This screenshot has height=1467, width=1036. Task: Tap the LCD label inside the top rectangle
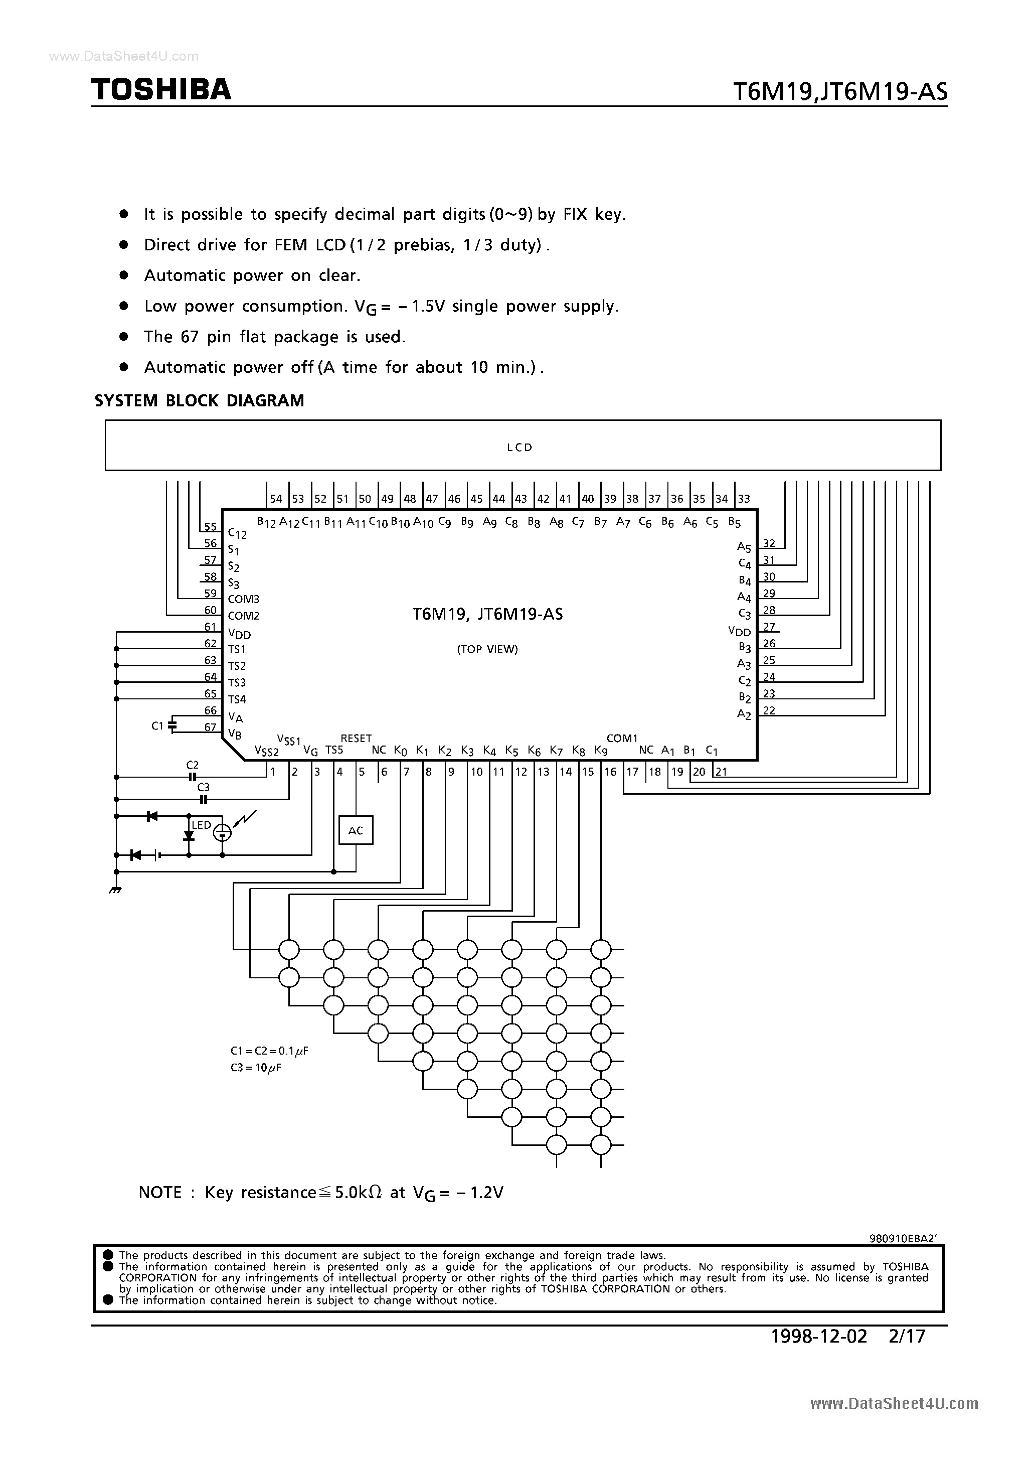520,447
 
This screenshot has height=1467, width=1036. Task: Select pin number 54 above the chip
276,499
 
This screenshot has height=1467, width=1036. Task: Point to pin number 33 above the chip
744,499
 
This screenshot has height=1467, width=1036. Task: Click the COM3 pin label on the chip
243,600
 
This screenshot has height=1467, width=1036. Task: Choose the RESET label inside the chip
356,738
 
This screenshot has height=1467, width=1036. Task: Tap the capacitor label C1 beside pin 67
157,726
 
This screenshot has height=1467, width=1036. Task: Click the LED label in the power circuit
201,825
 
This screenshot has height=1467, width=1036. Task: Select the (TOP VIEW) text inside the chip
487,649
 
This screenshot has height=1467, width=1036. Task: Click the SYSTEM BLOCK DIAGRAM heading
199,400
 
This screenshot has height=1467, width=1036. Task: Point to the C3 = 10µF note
256,1068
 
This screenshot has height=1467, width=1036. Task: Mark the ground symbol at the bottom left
115,890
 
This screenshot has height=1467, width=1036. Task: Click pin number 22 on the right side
769,710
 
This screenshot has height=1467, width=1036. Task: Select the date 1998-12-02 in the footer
819,1336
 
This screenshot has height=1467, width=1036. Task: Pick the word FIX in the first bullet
576,214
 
